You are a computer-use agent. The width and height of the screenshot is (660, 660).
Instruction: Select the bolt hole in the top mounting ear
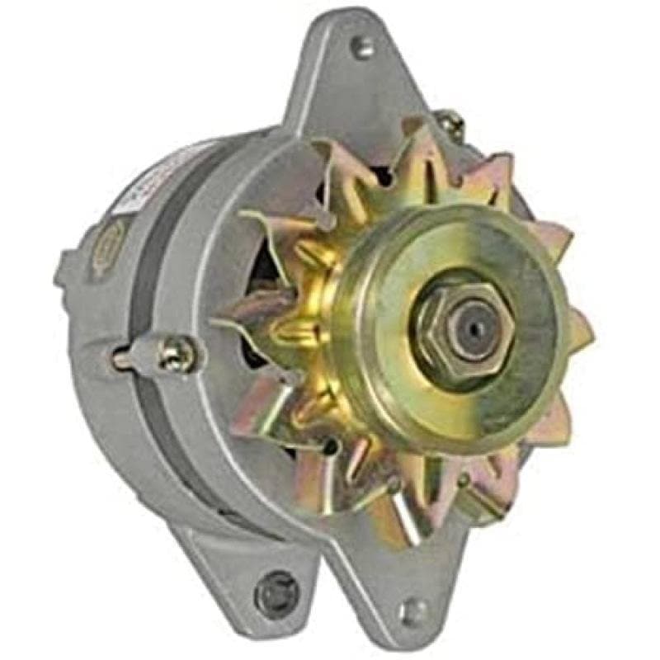(x=361, y=47)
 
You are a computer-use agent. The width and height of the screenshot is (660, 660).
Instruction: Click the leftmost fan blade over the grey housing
(x=247, y=313)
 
